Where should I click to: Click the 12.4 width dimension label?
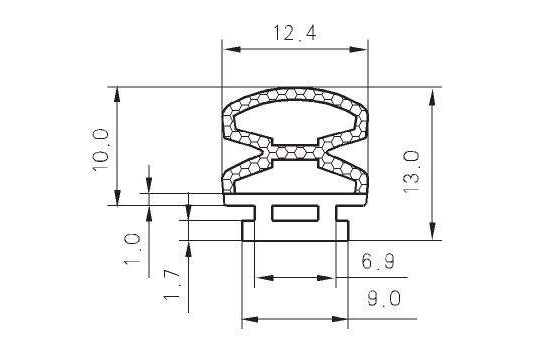(x=294, y=33)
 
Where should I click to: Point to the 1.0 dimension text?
(x=132, y=248)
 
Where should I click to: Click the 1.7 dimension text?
(x=172, y=286)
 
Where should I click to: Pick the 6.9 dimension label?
(x=378, y=261)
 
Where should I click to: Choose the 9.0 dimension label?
(x=384, y=298)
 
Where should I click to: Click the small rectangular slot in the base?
(x=295, y=213)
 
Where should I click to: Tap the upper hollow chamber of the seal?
(x=295, y=122)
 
